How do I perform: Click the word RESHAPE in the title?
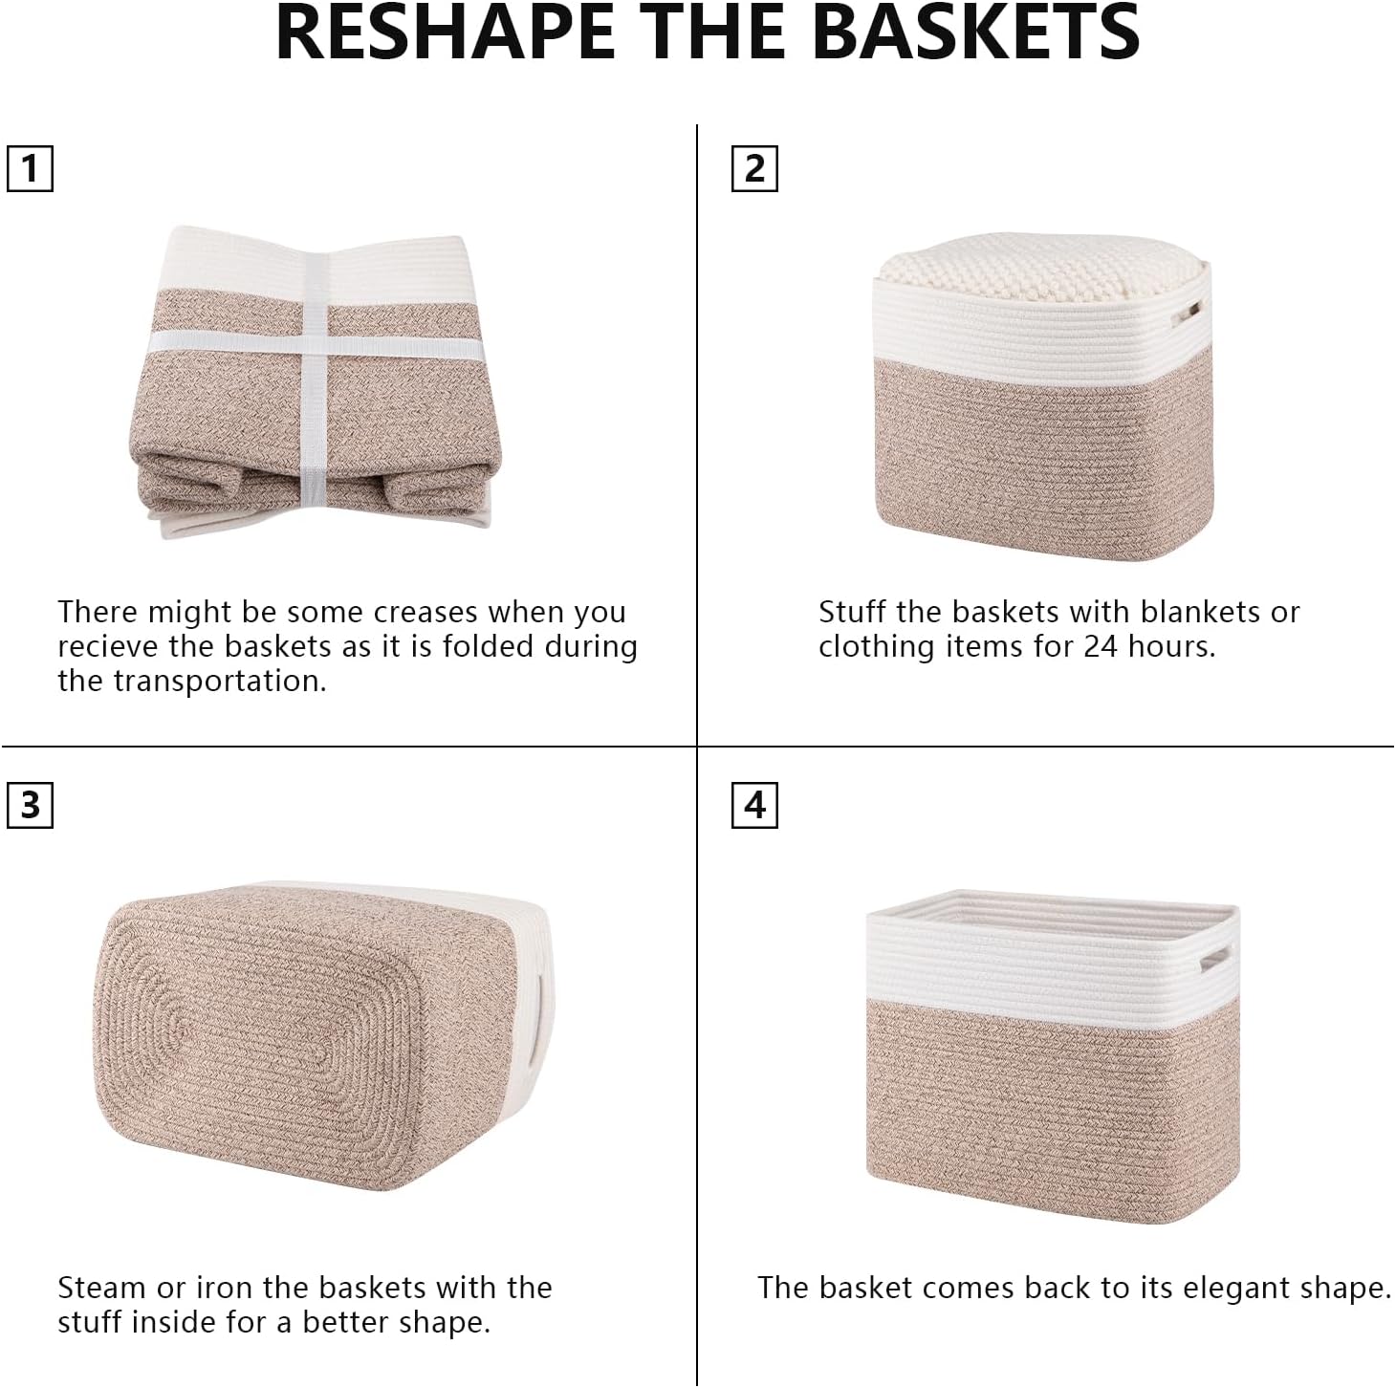tap(444, 33)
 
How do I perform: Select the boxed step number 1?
tap(30, 169)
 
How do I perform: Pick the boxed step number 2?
tap(754, 169)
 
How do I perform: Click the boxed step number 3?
tap(30, 805)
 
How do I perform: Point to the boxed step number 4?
tap(754, 805)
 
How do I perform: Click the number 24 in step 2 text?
tap(1102, 646)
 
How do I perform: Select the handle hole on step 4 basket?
tap(1215, 962)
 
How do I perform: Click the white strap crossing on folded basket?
tap(316, 339)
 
